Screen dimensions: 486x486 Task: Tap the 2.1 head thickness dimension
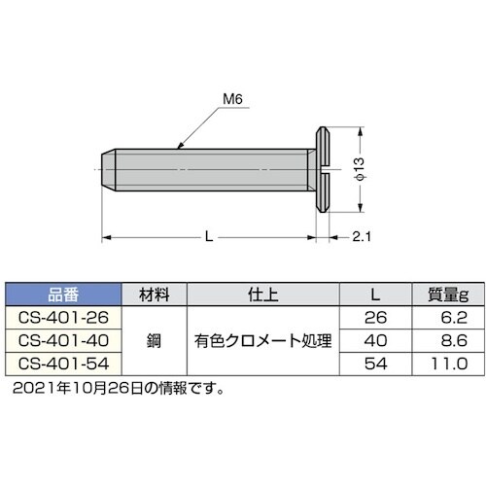360,236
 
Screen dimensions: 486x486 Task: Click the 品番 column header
63,294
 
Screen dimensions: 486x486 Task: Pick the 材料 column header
155,294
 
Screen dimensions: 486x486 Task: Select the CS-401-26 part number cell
63,317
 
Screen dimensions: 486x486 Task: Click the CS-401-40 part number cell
63,340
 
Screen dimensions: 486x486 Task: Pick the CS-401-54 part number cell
63,364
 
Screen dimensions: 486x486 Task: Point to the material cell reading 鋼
155,340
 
